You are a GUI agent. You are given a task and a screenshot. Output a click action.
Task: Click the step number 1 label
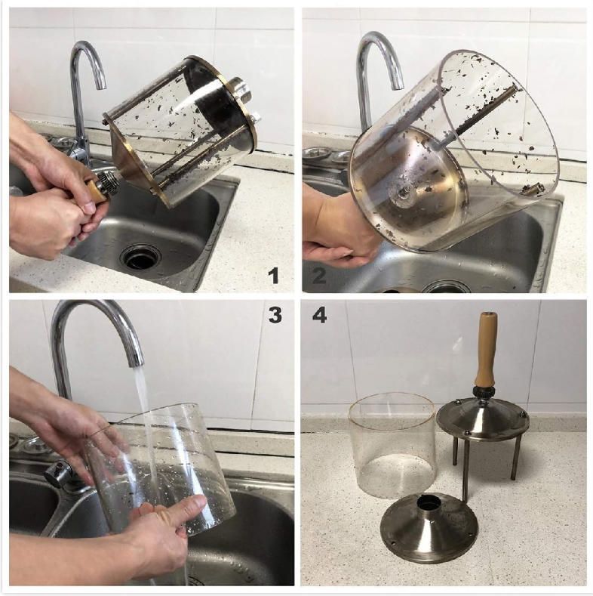tap(273, 275)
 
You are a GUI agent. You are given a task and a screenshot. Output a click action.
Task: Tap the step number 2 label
tap(319, 275)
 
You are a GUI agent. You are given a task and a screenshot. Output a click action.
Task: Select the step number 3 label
tap(275, 315)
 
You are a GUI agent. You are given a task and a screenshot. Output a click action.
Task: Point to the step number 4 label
tap(319, 316)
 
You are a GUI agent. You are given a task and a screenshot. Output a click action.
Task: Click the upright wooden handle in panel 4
tap(485, 349)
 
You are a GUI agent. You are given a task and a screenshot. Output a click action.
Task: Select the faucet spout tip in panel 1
tap(100, 87)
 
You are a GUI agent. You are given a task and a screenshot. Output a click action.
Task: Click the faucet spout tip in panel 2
tap(398, 86)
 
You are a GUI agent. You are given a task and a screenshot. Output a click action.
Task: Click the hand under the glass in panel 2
tap(334, 232)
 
